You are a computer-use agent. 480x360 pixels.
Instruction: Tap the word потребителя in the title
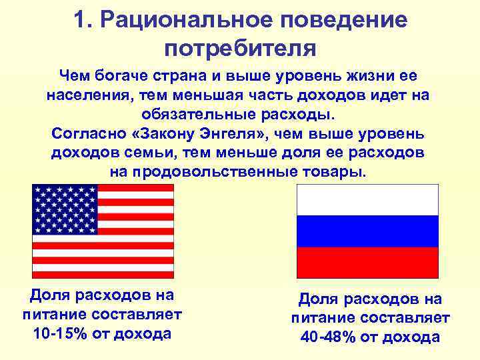[x=240, y=48]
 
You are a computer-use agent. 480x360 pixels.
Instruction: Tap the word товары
[x=339, y=171]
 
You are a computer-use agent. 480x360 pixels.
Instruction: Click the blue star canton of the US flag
[x=65, y=209]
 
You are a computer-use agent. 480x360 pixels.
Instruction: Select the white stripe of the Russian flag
[x=367, y=199]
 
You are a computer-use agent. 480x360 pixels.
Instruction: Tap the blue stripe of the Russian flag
[x=367, y=231]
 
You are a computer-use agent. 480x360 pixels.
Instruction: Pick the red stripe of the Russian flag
[x=367, y=262]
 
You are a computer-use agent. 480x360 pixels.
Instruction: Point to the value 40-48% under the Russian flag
[x=328, y=337]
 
